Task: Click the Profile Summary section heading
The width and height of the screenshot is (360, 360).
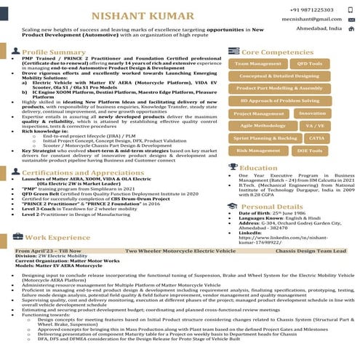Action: point(54,52)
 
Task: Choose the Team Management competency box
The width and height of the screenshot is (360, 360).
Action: point(258,64)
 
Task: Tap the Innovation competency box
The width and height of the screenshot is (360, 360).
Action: point(313,113)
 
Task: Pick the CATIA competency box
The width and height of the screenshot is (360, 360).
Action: point(316,137)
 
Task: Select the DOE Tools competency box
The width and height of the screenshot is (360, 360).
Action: point(310,151)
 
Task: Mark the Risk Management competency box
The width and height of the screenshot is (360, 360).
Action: point(258,151)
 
